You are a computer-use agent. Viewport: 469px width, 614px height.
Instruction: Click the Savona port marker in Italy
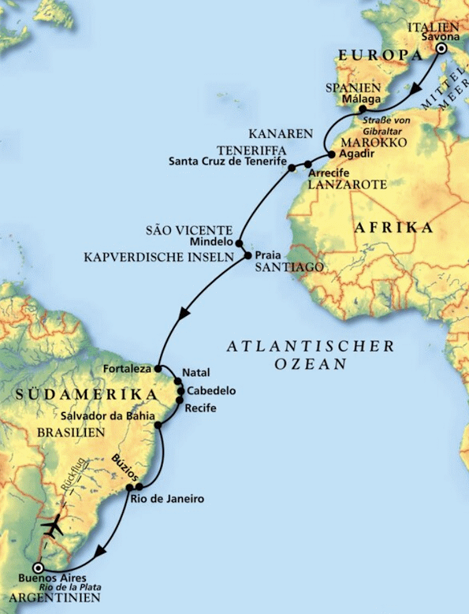click(441, 49)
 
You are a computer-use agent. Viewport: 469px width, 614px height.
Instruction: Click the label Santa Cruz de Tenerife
click(227, 162)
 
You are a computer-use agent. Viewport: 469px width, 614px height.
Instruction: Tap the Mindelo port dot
click(239, 244)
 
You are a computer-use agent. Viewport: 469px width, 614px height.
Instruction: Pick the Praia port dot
click(248, 256)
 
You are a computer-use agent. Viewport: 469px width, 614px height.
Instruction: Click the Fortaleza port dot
click(158, 368)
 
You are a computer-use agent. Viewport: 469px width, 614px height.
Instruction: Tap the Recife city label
click(201, 407)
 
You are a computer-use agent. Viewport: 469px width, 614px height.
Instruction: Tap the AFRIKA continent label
click(395, 229)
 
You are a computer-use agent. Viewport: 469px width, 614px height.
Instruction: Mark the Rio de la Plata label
click(73, 587)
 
